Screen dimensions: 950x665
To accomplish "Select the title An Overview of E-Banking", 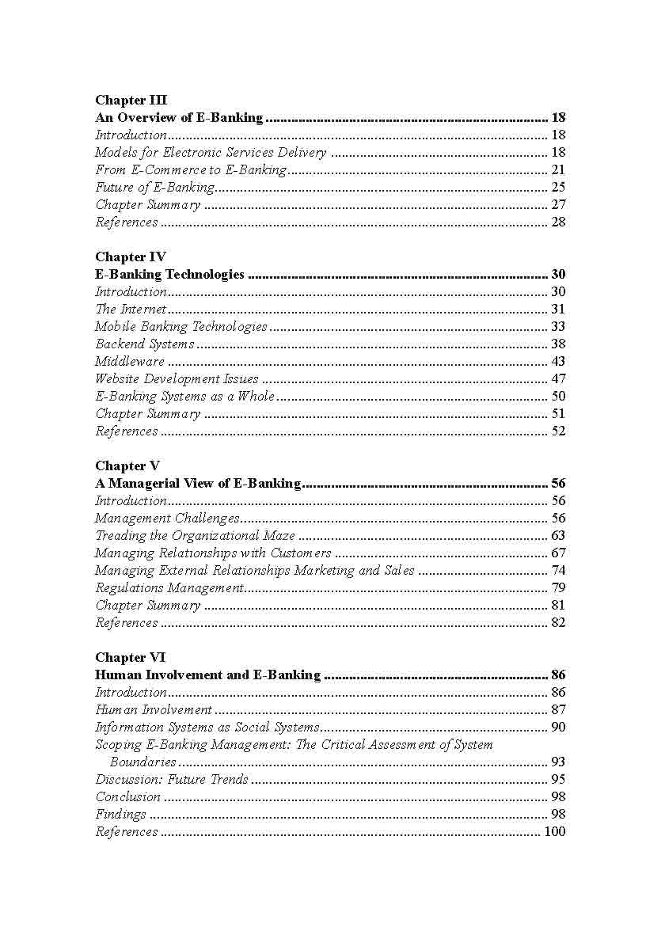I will point(179,117).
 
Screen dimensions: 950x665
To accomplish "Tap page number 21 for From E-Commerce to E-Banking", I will point(557,169).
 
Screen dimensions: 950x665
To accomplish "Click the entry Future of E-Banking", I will point(154,188).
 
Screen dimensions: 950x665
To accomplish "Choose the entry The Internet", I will point(131,309).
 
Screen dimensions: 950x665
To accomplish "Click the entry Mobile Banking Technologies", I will point(180,326).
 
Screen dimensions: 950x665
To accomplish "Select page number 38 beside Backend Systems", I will point(557,344).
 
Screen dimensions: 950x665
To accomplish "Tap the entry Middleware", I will point(130,361).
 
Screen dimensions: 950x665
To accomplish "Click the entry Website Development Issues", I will point(177,378).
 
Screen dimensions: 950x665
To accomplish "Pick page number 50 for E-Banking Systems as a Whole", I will point(557,396).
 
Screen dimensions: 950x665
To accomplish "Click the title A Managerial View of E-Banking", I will point(198,483).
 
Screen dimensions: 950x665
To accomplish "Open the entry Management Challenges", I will point(166,518).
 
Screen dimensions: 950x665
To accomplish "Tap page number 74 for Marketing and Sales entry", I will point(557,570).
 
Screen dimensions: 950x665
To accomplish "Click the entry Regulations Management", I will point(169,587).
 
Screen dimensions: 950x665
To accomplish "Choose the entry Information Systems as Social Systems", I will point(207,727).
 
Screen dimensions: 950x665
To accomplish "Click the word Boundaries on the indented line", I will point(142,762).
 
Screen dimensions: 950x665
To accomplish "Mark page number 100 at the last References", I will point(554,831).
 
